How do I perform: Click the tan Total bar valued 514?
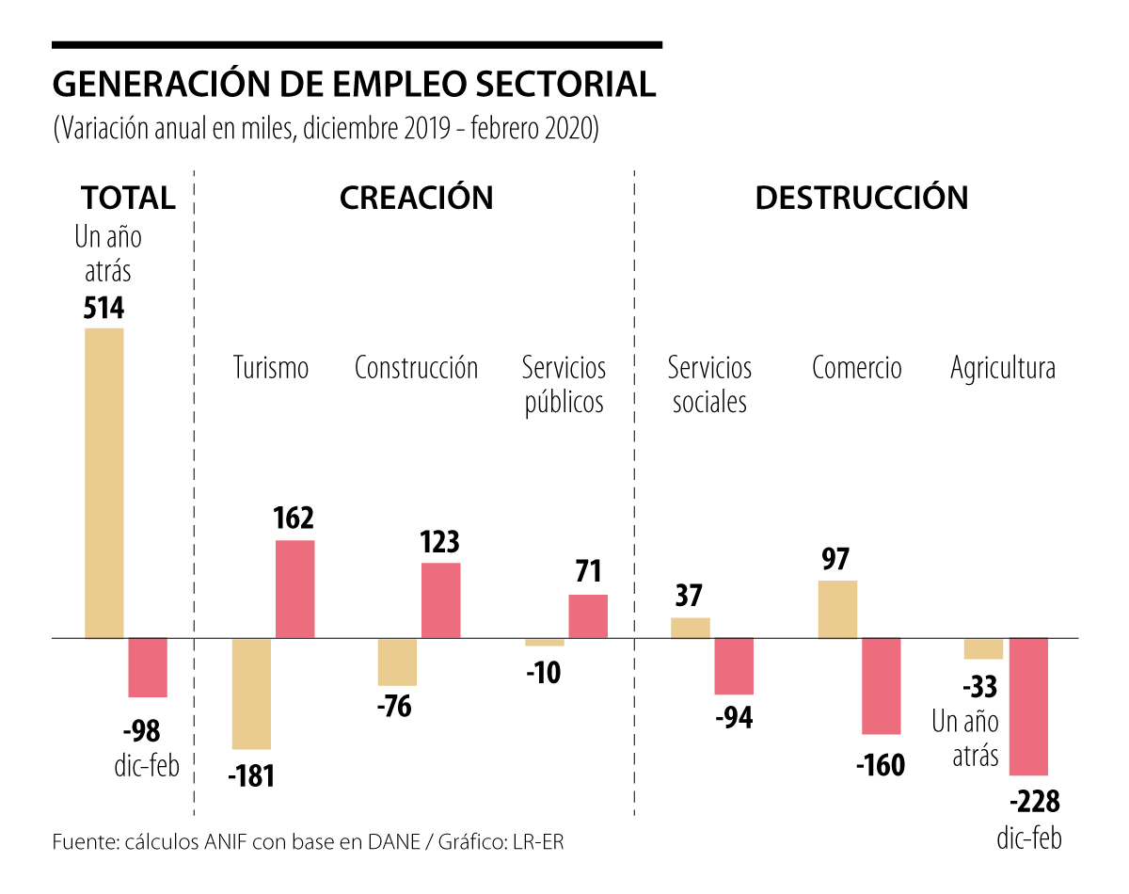click(x=104, y=483)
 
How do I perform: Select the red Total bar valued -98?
click(x=148, y=667)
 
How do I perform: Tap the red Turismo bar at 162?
click(x=294, y=589)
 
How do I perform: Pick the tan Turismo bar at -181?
click(x=251, y=694)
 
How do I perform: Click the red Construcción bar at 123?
click(x=440, y=600)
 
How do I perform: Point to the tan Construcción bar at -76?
click(x=397, y=662)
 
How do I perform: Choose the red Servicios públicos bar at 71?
click(x=588, y=616)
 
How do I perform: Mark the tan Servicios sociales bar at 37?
click(x=691, y=628)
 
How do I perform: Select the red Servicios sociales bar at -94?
click(x=734, y=666)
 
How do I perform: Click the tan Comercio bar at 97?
click(x=837, y=609)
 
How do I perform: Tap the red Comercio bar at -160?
click(x=882, y=686)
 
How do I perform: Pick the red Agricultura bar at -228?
click(x=1028, y=707)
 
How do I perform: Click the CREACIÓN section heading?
click(x=416, y=198)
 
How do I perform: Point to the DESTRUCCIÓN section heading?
click(x=861, y=198)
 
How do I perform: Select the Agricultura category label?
click(x=1002, y=367)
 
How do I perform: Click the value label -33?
click(x=978, y=686)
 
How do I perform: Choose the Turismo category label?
click(x=271, y=367)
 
